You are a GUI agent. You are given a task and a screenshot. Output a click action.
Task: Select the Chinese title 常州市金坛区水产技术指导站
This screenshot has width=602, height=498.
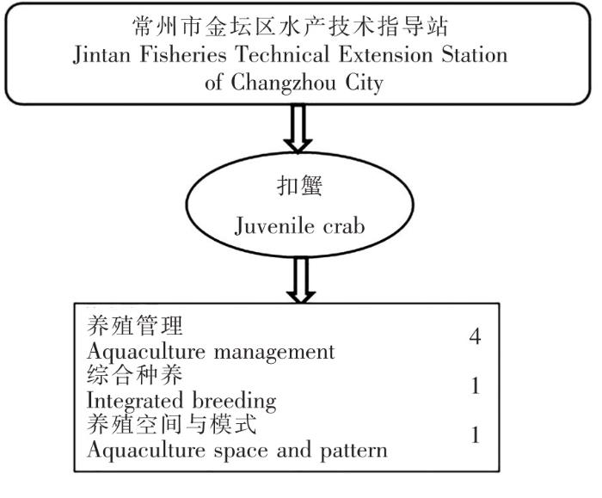298,26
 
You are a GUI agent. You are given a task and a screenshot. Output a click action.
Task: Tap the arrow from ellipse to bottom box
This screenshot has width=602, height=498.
298,280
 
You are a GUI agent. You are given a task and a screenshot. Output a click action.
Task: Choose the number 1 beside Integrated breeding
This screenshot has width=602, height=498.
475,387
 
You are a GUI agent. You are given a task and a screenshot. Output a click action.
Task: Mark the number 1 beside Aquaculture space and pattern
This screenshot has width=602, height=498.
475,436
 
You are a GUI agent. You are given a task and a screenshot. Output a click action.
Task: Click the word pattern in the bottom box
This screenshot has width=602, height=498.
356,451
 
